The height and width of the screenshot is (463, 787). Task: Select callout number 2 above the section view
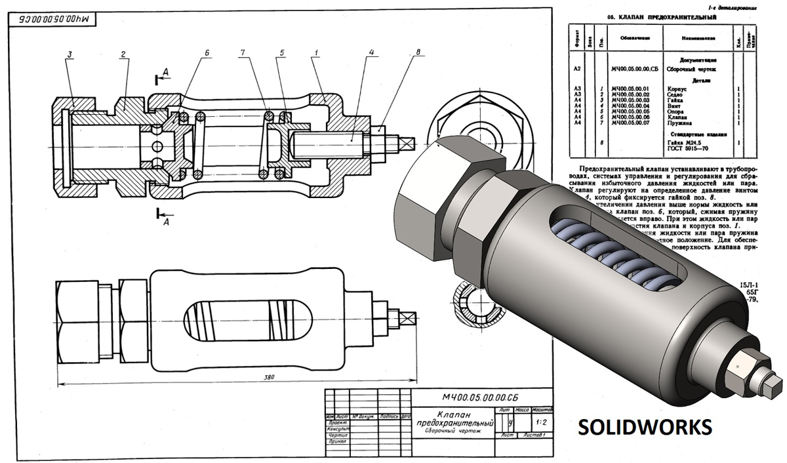coord(123,54)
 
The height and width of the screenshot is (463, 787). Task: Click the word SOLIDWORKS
coord(644,427)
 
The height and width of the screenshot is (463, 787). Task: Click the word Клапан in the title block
coord(452,414)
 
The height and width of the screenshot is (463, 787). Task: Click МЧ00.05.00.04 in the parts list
coord(630,105)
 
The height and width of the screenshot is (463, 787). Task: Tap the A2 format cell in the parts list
coord(577,68)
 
